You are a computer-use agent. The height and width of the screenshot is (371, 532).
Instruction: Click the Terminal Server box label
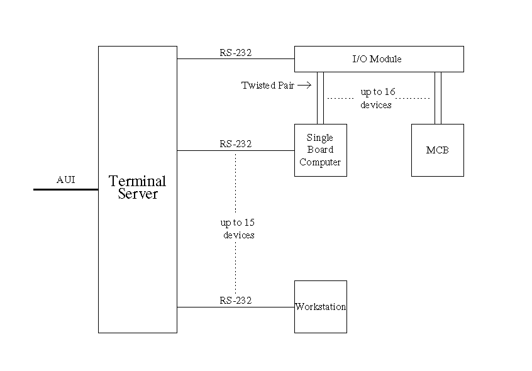click(x=138, y=187)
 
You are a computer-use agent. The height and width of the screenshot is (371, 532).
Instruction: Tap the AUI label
click(x=66, y=180)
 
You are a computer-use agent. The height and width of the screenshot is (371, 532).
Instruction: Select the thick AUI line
click(x=66, y=189)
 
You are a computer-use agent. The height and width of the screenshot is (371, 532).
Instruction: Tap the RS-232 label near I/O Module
click(x=236, y=53)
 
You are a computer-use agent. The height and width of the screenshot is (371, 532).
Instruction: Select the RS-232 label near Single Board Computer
click(x=236, y=144)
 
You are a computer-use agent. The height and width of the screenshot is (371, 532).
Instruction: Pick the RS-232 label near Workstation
click(x=236, y=301)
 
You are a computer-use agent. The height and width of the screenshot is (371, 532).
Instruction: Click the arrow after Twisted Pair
click(x=304, y=85)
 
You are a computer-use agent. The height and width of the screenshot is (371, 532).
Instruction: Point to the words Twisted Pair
click(x=268, y=86)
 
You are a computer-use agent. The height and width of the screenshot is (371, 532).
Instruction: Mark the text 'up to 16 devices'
click(x=377, y=98)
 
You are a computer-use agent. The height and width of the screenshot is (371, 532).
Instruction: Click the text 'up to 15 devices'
click(x=238, y=228)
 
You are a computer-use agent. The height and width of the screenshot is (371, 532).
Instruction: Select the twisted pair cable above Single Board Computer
click(x=320, y=98)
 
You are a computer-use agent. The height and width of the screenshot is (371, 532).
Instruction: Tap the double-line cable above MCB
click(x=438, y=98)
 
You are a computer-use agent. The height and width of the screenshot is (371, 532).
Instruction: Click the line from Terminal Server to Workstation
click(x=236, y=307)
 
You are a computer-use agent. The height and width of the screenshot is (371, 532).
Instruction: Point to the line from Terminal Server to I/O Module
click(x=236, y=58)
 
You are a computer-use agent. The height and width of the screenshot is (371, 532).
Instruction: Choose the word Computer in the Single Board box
click(x=320, y=162)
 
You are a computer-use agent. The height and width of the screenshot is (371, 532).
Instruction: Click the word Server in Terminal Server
click(x=138, y=194)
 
